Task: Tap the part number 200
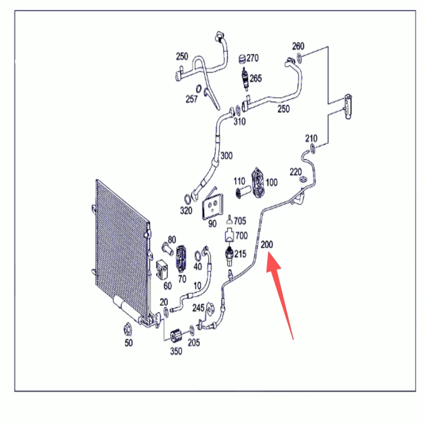pyautogui.click(x=267, y=244)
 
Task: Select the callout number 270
pyautogui.click(x=252, y=58)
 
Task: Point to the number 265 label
pyautogui.click(x=255, y=78)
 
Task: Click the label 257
pyautogui.click(x=191, y=99)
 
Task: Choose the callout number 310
pyautogui.click(x=240, y=121)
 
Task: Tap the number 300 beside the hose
pyautogui.click(x=226, y=156)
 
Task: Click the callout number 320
pyautogui.click(x=186, y=210)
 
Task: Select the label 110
pyautogui.click(x=240, y=181)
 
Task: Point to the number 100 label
pyautogui.click(x=271, y=182)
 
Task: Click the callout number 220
pyautogui.click(x=296, y=172)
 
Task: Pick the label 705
pyautogui.click(x=240, y=221)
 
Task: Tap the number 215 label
pyautogui.click(x=240, y=254)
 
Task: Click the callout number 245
pyautogui.click(x=198, y=308)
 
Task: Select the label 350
pyautogui.click(x=176, y=351)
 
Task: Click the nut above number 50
pyautogui.click(x=127, y=329)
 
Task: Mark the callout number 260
pyautogui.click(x=298, y=46)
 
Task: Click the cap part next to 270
pyautogui.click(x=242, y=59)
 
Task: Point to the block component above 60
pyautogui.click(x=162, y=269)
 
